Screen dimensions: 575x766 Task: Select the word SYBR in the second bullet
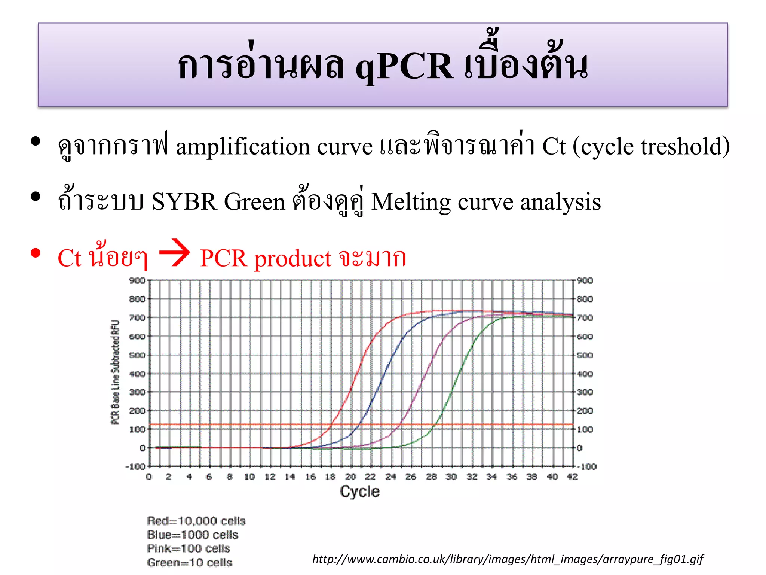click(184, 202)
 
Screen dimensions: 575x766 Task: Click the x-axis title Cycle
click(359, 492)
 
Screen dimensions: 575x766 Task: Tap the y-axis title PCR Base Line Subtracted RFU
click(116, 372)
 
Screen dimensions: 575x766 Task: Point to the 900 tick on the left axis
click(137, 281)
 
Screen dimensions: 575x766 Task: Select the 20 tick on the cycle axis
click(350, 477)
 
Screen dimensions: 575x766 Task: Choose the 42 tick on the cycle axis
click(572, 477)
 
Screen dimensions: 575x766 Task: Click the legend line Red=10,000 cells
click(196, 521)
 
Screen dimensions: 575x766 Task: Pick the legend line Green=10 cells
click(190, 562)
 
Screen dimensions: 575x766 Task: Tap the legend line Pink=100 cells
click(189, 548)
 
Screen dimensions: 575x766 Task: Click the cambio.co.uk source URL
click(508, 559)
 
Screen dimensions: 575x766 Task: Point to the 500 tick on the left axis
click(137, 355)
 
